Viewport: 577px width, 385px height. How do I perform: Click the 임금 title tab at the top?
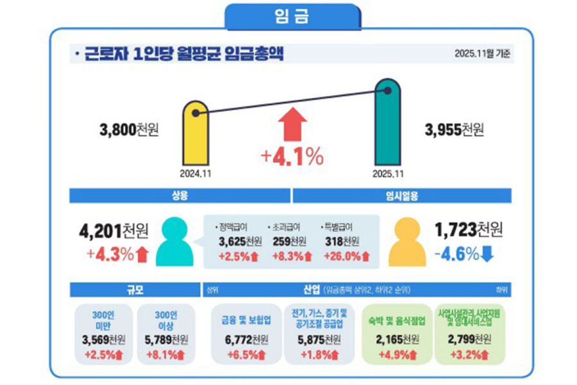click(x=292, y=16)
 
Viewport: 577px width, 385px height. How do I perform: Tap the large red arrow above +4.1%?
click(x=292, y=124)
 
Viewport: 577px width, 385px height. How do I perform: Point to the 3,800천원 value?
click(x=129, y=130)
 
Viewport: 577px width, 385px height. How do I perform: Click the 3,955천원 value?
click(x=454, y=130)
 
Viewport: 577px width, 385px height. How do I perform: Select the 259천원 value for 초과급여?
click(x=289, y=242)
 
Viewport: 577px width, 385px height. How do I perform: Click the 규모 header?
click(x=134, y=289)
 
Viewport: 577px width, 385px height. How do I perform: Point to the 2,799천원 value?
click(x=470, y=339)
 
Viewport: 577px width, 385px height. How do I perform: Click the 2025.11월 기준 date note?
click(x=482, y=54)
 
